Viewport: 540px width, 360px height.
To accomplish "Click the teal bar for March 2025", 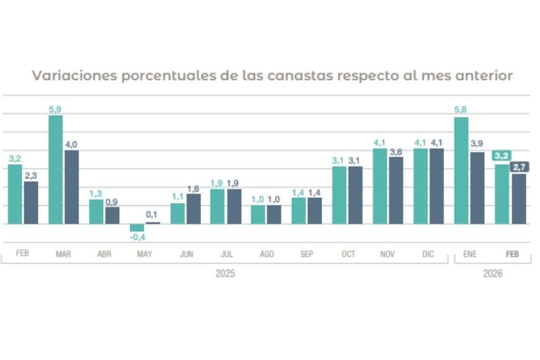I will [x=55, y=169].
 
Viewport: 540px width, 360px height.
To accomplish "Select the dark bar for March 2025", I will [x=71, y=187].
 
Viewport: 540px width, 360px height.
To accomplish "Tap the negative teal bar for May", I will [x=137, y=227].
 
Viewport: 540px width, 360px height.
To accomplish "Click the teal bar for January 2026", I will [x=461, y=171].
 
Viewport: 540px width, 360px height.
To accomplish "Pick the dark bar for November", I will [x=396, y=190].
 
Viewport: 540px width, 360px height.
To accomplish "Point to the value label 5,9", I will [x=55, y=110].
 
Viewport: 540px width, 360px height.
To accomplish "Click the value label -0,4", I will [x=137, y=237].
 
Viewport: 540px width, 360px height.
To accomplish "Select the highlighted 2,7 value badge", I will [x=519, y=166].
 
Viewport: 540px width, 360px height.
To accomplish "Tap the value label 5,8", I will [x=461, y=110].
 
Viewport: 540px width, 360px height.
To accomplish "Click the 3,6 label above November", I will [x=396, y=151].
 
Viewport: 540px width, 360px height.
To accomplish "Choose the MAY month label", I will [x=145, y=254].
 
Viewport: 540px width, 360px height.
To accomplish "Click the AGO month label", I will [x=267, y=254].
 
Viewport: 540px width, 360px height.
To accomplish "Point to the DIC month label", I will [x=428, y=254].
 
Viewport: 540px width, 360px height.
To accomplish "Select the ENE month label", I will [x=470, y=254].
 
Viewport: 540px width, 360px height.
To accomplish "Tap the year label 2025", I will [x=225, y=274].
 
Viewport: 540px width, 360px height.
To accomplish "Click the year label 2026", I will [x=492, y=274].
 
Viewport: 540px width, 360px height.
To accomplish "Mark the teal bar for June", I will [x=178, y=214].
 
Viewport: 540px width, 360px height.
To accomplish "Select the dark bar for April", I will [x=112, y=215].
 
